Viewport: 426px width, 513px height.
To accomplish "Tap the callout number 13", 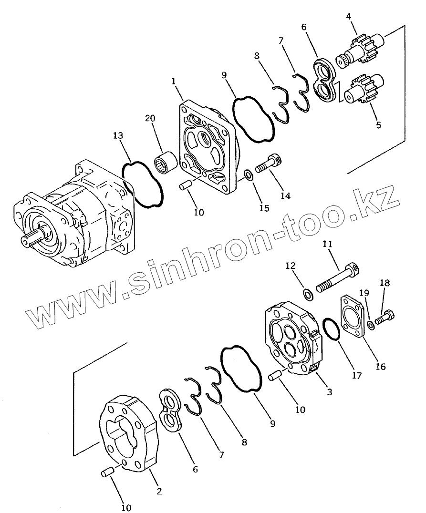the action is [118, 136].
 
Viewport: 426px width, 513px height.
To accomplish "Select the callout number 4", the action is [349, 16].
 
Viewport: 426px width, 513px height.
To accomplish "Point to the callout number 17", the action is [357, 376].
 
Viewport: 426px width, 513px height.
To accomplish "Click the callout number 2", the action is [159, 491].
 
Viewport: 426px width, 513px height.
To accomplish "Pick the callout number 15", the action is [264, 208].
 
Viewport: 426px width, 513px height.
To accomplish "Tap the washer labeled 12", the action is [309, 294].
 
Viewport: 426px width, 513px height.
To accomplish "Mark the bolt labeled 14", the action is [269, 165].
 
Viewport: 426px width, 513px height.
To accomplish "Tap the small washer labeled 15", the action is [248, 176].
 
